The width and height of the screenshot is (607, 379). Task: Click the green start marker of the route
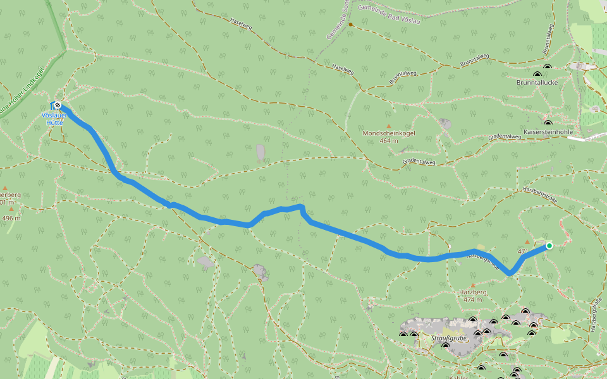(x=549, y=246)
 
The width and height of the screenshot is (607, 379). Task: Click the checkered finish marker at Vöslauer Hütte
(x=58, y=105)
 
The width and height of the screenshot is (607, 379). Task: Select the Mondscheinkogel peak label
(x=388, y=133)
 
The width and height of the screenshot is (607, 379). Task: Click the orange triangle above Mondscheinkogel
(x=389, y=126)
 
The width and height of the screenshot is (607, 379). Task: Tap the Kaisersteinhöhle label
(x=548, y=131)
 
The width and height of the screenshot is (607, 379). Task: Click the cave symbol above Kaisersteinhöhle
(x=548, y=123)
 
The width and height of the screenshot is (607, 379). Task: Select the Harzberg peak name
(x=472, y=292)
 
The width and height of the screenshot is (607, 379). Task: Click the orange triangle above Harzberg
(x=472, y=286)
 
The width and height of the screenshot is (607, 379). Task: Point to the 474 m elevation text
(x=472, y=299)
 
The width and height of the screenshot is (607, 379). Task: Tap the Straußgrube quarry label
(x=448, y=339)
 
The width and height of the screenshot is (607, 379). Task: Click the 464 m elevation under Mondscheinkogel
(x=389, y=141)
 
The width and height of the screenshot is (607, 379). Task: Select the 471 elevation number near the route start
(x=523, y=251)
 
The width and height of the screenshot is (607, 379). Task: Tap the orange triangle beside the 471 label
(x=527, y=242)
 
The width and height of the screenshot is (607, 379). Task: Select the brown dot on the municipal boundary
(x=350, y=25)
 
